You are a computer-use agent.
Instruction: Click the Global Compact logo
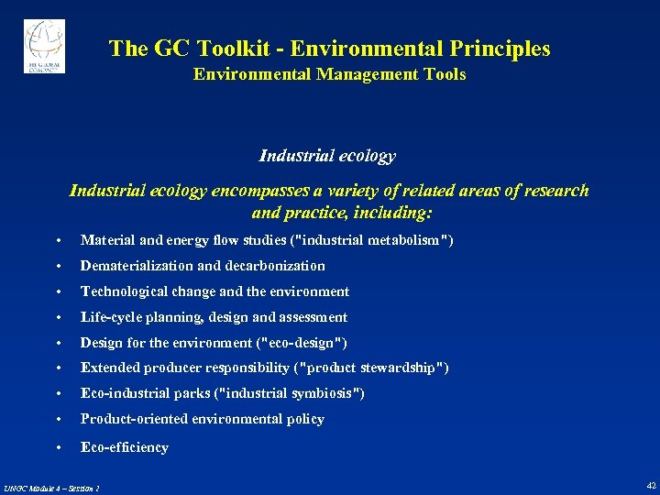[x=44, y=46]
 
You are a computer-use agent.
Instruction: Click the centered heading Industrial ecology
[x=327, y=155]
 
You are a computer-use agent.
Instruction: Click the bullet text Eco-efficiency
[x=125, y=447]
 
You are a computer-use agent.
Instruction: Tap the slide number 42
[x=651, y=485]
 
